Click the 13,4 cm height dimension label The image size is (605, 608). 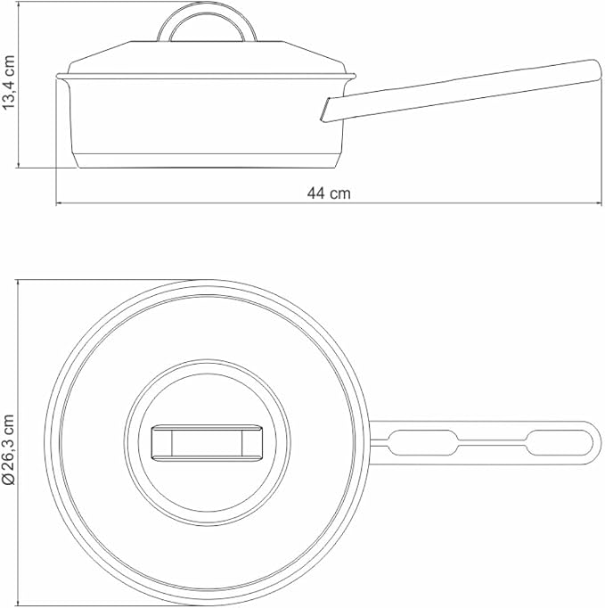point(9,83)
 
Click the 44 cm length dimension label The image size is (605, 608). point(329,193)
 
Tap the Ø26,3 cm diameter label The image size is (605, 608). point(9,450)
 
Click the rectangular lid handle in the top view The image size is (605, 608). point(207,443)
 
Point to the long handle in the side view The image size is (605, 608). point(462,91)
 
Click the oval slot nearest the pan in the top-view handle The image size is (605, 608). point(423,442)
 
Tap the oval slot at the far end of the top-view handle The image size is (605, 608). point(559,442)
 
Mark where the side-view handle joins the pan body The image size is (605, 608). point(325,111)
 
